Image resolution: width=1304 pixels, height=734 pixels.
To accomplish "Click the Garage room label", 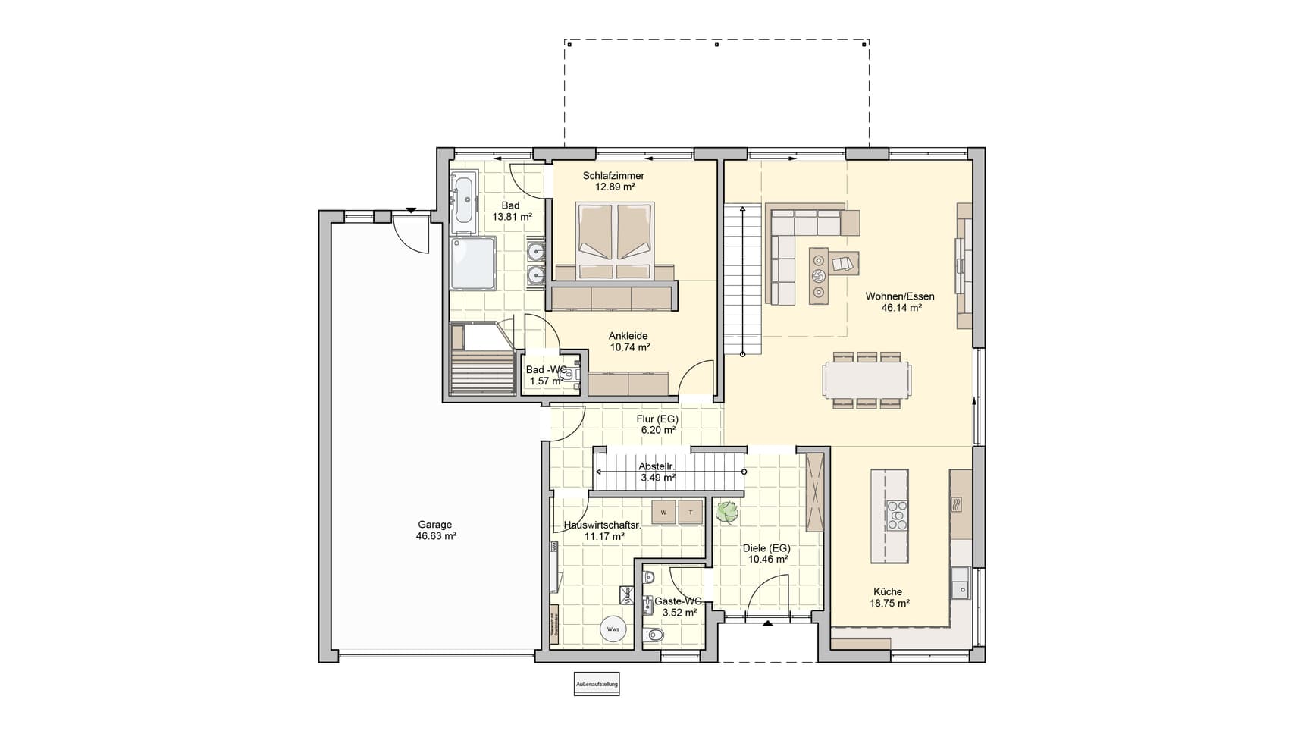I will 435,525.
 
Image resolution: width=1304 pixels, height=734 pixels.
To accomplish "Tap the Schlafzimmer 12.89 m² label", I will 613,180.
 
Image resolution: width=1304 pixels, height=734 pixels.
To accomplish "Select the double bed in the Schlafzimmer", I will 614,240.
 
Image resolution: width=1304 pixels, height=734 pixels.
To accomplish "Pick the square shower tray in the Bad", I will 472,263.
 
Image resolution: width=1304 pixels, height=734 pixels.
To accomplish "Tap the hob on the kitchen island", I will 897,515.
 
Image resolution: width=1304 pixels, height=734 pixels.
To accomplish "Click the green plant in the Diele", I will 727,513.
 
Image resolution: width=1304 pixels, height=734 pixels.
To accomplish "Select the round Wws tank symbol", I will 613,629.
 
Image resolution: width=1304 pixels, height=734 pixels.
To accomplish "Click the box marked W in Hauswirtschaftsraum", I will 663,513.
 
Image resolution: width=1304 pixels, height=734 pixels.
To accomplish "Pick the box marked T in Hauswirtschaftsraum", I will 690,513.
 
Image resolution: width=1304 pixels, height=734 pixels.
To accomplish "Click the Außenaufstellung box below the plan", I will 597,684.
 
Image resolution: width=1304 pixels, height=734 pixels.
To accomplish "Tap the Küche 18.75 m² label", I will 889,598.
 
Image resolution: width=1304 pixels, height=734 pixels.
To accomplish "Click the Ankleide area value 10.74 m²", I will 630,347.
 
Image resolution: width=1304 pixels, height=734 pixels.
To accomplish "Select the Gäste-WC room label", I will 678,601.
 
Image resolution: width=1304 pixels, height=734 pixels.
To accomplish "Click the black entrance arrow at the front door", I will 767,623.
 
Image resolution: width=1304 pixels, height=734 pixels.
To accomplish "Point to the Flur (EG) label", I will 657,419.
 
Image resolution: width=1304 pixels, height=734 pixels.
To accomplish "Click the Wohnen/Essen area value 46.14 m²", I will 901,308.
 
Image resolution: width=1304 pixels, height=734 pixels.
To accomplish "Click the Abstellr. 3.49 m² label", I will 657,472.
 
